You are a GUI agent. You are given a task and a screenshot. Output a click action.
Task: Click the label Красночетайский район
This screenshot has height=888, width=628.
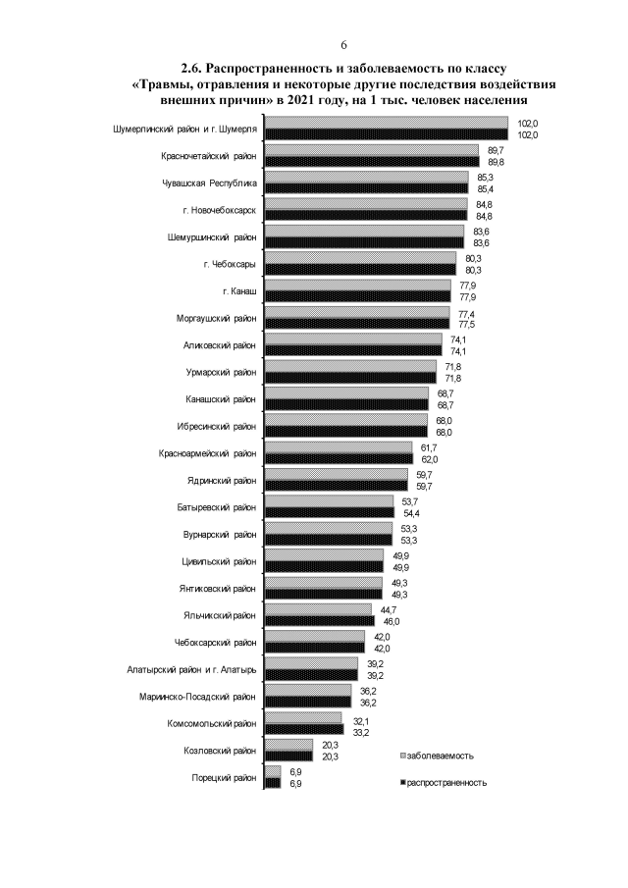tap(209, 155)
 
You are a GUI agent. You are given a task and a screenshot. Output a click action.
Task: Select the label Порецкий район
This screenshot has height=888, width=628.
tap(225, 777)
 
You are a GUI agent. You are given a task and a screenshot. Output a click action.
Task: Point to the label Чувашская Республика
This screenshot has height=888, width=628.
tap(210, 183)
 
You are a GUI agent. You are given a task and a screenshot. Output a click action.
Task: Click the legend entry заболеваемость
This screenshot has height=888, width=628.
tap(442, 756)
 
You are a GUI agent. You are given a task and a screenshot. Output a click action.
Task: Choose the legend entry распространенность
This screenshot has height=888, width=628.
tap(447, 783)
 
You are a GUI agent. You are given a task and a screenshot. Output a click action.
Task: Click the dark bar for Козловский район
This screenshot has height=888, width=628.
tap(289, 756)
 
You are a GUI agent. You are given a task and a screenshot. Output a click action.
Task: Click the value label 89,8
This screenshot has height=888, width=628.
tap(496, 162)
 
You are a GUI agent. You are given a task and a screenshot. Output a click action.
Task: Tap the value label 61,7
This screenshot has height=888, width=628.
tap(430, 446)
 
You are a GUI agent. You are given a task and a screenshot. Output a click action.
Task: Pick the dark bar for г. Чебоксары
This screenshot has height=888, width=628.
tap(361, 269)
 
